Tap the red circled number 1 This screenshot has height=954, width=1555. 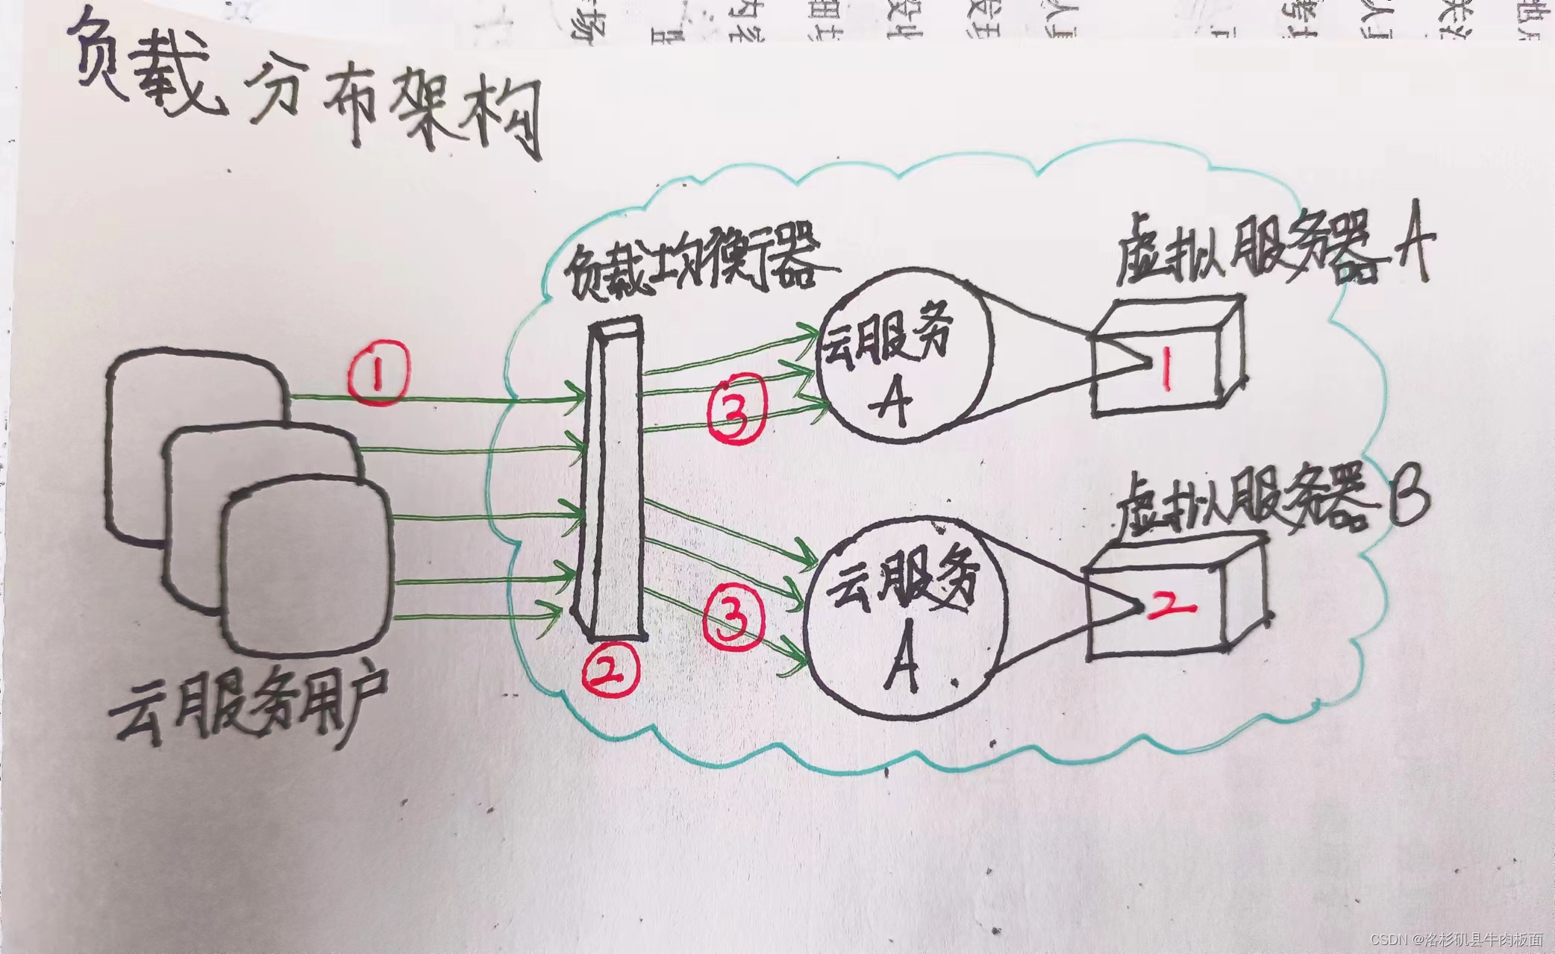coord(379,372)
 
